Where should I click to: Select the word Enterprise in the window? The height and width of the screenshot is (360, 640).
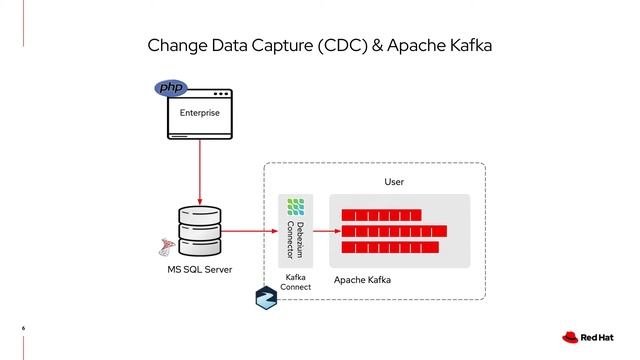(x=200, y=113)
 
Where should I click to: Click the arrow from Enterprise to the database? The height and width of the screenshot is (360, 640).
(x=201, y=170)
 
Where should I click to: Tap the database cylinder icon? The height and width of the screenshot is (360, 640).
(x=199, y=233)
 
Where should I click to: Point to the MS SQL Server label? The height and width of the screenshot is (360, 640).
(x=198, y=270)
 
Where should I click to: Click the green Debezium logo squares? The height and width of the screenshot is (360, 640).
(x=295, y=207)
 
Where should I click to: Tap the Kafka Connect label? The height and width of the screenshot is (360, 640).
(x=295, y=282)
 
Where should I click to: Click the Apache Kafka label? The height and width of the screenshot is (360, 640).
(x=363, y=281)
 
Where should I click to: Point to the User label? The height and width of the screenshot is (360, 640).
(x=397, y=182)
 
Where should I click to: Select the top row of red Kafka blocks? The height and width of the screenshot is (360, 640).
(x=381, y=215)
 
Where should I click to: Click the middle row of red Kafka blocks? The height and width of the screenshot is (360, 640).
(x=393, y=231)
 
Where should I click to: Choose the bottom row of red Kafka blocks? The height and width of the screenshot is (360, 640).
(x=389, y=247)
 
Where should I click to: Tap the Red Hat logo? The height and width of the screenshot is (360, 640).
(x=585, y=337)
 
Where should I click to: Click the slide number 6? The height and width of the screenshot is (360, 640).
(x=23, y=327)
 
